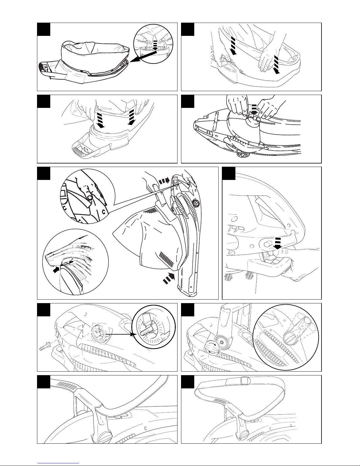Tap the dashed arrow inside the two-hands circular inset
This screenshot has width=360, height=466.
tap(155, 44)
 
